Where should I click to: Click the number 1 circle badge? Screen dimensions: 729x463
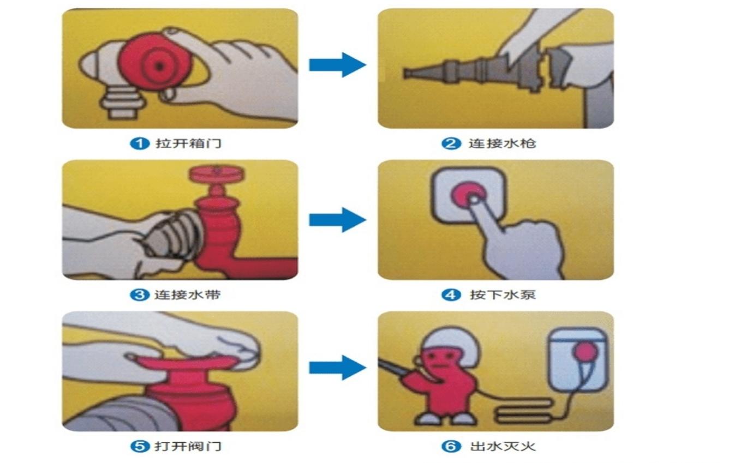(x=140, y=143)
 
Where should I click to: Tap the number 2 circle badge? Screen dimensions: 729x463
(x=451, y=143)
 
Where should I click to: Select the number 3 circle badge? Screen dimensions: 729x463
(x=140, y=295)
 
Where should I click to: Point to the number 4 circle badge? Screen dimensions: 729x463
(x=451, y=295)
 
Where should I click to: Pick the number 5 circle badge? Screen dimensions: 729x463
(x=140, y=446)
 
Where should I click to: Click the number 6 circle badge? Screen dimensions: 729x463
(x=451, y=446)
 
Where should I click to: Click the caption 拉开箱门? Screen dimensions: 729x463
(x=188, y=143)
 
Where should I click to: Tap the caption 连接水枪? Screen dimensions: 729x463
(x=502, y=143)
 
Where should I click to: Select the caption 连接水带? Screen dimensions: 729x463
(x=188, y=295)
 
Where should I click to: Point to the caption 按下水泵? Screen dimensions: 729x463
(x=503, y=295)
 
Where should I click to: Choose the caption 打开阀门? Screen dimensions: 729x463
(x=188, y=446)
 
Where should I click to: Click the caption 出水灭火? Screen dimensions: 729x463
(x=503, y=446)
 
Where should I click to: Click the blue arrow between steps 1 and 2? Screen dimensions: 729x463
(x=337, y=65)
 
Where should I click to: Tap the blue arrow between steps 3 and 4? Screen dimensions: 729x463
(x=337, y=220)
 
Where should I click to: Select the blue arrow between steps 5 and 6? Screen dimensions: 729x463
(x=337, y=368)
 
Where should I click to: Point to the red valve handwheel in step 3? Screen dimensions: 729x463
(x=217, y=174)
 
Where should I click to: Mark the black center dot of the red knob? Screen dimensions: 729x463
(x=159, y=66)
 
